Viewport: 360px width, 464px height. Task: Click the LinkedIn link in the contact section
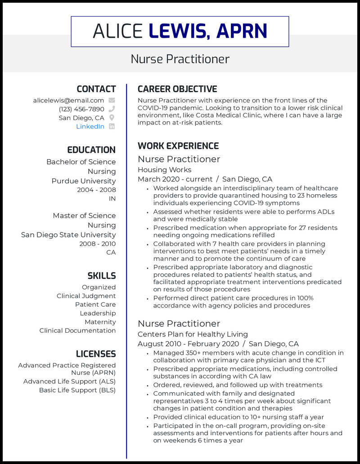point(90,126)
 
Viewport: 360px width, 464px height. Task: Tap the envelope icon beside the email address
point(112,100)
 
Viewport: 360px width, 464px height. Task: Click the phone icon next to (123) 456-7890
point(112,109)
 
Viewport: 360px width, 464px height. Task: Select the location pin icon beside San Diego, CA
point(112,118)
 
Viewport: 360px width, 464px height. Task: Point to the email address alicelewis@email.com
point(68,100)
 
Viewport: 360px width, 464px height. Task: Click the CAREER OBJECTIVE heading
point(177,89)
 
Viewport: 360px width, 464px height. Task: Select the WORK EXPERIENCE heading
point(178,146)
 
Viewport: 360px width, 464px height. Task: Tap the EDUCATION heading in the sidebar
point(91,150)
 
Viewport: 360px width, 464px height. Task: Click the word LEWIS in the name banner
point(178,31)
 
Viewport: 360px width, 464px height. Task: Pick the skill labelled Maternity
point(100,322)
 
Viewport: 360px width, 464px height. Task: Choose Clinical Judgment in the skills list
point(86,296)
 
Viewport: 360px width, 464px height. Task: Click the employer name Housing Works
point(164,170)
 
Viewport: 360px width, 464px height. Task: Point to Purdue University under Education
point(83,181)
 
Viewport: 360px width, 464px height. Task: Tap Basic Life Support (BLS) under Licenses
point(77,390)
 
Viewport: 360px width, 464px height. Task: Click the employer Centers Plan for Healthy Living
point(193,334)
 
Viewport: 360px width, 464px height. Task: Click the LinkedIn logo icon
point(112,126)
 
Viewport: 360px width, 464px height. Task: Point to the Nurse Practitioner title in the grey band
point(180,59)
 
